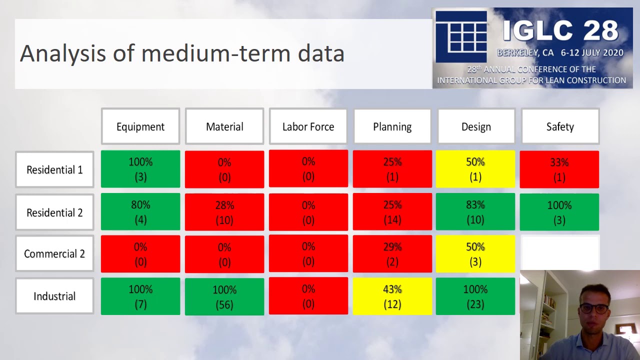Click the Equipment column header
[140, 126]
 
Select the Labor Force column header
[308, 126]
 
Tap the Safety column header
[560, 126]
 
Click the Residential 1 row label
[54, 169]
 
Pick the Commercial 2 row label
[54, 253]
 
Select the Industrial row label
[54, 296]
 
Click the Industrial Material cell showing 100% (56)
[224, 296]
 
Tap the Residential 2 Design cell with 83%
[475, 212]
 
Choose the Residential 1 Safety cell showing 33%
[559, 169]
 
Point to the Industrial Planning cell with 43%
[392, 296]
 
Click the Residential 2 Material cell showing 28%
[224, 212]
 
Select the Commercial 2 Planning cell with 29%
[392, 254]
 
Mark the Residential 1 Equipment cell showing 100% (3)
[140, 169]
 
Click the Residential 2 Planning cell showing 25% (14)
[392, 212]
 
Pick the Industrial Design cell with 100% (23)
[475, 296]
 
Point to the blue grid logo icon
[460, 36]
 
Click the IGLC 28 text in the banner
[560, 30]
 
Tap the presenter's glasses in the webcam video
[594, 308]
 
